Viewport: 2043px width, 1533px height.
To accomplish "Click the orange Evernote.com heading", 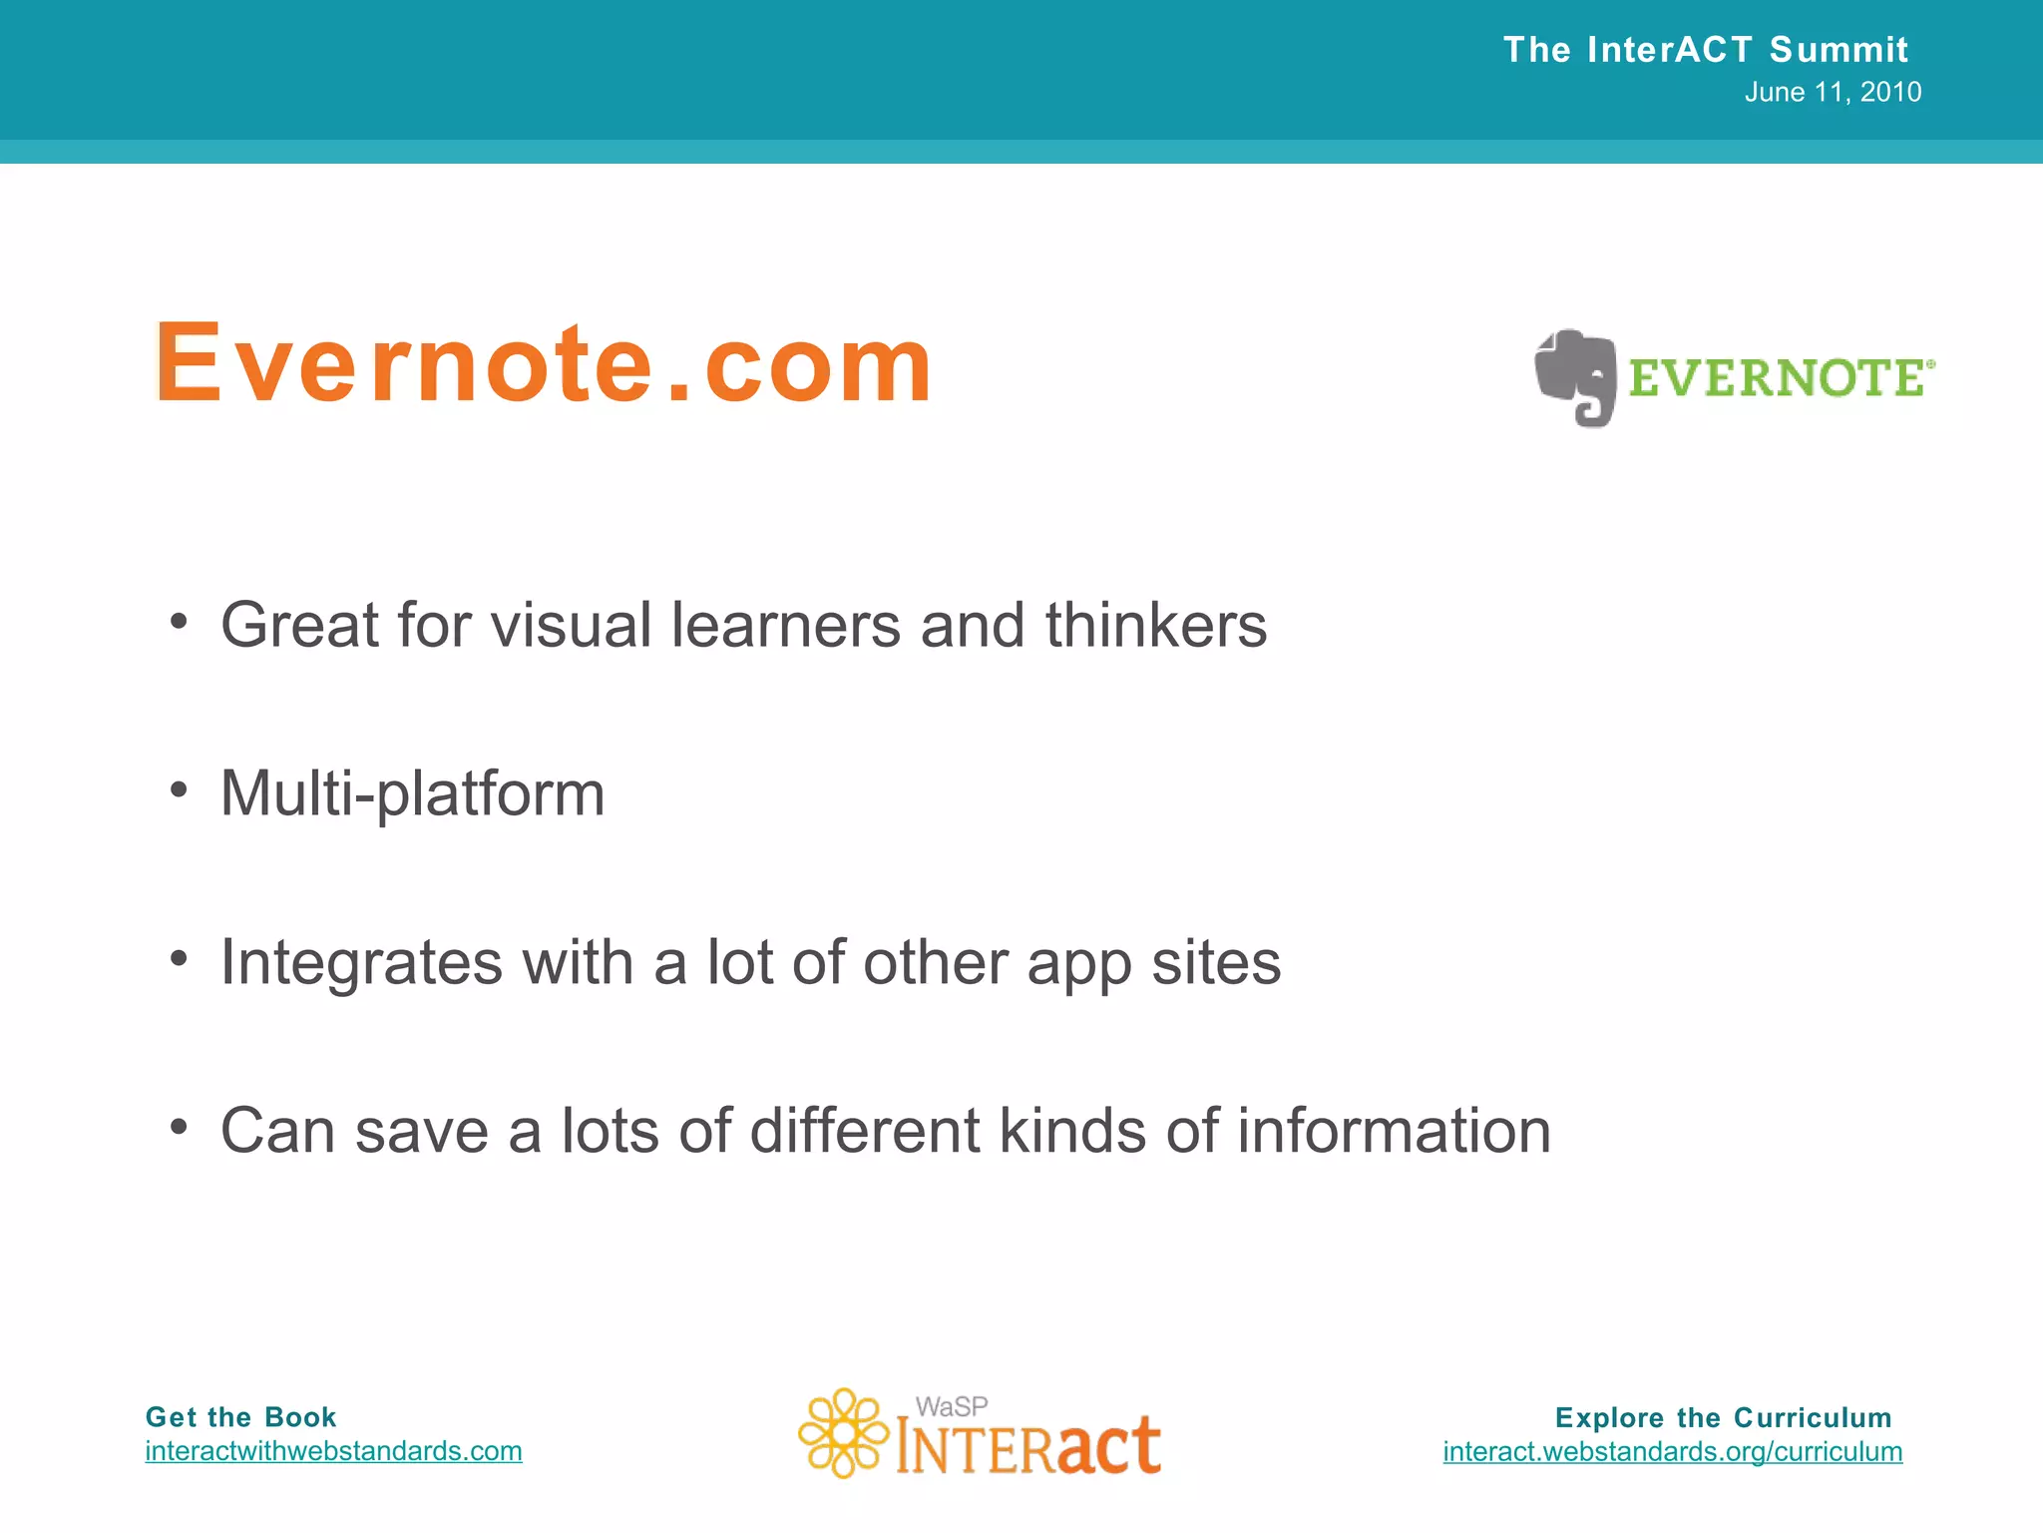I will coord(544,364).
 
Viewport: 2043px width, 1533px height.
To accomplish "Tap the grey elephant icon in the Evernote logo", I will coord(1576,377).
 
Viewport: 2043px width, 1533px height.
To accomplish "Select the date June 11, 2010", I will coord(1833,93).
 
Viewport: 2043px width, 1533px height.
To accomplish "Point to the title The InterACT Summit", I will coord(1705,50).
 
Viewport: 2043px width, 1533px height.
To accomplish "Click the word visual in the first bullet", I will coord(571,626).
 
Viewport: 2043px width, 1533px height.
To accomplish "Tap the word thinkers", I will coord(1155,626).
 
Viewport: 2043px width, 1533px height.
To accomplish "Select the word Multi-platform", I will coord(412,794).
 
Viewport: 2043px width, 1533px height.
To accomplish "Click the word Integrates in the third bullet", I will coord(361,964).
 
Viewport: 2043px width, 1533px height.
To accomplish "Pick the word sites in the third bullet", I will coord(1216,963).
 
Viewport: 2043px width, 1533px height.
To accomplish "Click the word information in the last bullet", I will coord(1394,1132).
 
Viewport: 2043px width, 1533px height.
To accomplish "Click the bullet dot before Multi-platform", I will coord(179,790).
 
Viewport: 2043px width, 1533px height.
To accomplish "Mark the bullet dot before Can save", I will coord(179,1128).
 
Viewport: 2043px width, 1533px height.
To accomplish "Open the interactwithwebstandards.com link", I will coord(333,1451).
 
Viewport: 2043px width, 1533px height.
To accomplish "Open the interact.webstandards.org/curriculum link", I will coord(1672,1452).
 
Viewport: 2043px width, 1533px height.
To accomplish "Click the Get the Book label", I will coord(240,1417).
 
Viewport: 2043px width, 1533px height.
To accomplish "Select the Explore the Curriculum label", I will coord(1723,1418).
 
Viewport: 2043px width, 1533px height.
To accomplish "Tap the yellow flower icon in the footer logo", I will coord(843,1433).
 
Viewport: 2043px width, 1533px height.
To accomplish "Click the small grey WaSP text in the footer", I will coord(952,1407).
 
